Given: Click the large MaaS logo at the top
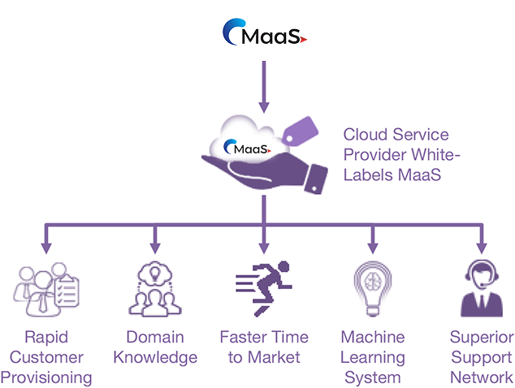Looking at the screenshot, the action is (x=265, y=32).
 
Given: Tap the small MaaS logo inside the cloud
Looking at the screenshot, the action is (x=247, y=148).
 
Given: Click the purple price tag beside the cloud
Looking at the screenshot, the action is (x=300, y=131).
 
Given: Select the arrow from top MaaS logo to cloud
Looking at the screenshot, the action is (x=264, y=87).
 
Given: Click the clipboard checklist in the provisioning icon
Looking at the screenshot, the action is (x=67, y=291).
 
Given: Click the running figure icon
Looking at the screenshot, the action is (x=264, y=288).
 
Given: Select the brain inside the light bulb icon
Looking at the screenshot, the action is (x=373, y=282).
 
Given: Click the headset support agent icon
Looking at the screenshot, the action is (x=482, y=288).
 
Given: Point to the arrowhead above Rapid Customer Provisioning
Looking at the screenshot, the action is (x=46, y=248).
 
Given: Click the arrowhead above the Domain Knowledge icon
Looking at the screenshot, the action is (x=155, y=248).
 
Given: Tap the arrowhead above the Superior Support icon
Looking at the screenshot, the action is (x=482, y=248).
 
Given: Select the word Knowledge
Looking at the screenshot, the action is (x=155, y=358).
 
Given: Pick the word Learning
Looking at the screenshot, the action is (x=373, y=358).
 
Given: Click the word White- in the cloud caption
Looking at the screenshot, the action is (x=436, y=154).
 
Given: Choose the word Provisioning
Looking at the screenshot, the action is (x=46, y=378).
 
